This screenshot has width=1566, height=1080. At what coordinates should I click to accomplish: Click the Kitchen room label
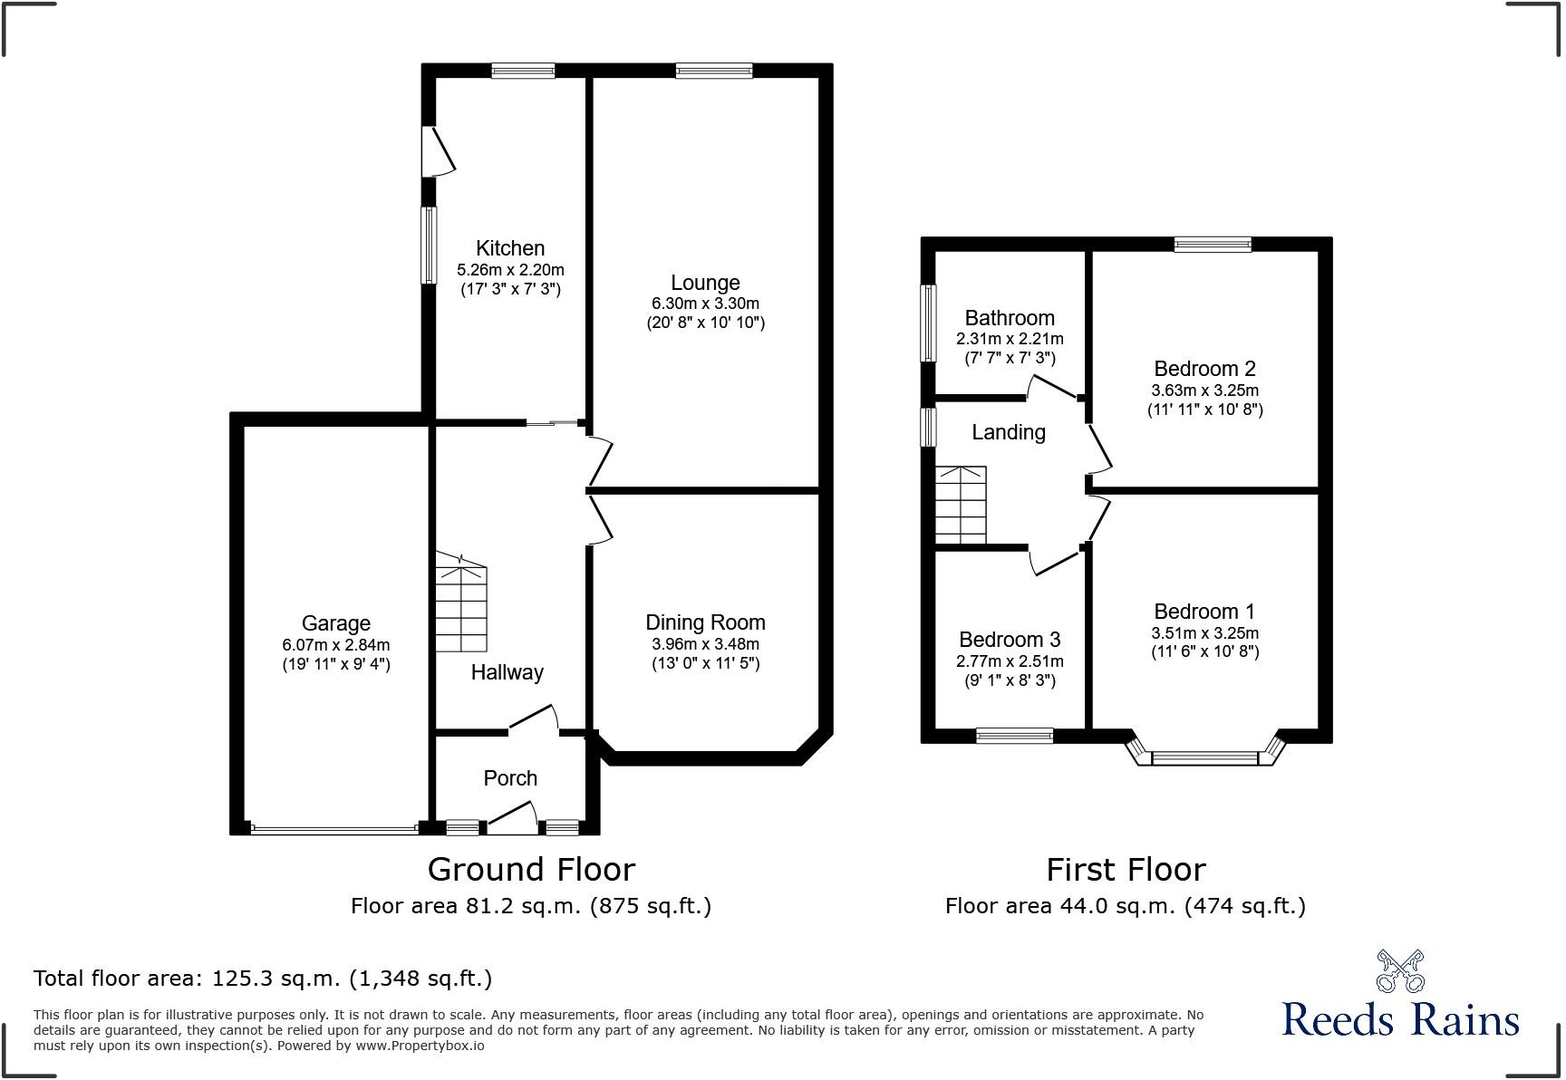pyautogui.click(x=510, y=248)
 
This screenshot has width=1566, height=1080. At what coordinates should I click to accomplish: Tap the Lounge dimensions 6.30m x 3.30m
pyautogui.click(x=705, y=304)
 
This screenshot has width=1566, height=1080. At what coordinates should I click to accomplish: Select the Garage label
pyautogui.click(x=336, y=623)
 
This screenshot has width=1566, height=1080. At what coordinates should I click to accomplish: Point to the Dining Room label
pyautogui.click(x=705, y=622)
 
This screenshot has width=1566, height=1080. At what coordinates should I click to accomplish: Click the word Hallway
pyautogui.click(x=507, y=672)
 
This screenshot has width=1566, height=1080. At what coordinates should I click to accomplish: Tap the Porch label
pyautogui.click(x=510, y=778)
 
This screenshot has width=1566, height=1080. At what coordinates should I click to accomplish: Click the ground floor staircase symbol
pyautogui.click(x=461, y=603)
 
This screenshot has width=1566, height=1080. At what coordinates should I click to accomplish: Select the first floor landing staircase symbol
pyautogui.click(x=961, y=505)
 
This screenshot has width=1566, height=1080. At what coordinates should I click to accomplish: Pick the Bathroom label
pyautogui.click(x=1010, y=318)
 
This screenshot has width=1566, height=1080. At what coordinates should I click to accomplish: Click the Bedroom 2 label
pyautogui.click(x=1204, y=369)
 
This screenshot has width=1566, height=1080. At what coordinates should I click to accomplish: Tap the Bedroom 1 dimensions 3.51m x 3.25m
pyautogui.click(x=1204, y=633)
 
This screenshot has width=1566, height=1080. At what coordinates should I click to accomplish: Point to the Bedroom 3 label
pyautogui.click(x=1010, y=640)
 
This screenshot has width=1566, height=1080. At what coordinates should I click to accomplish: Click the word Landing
pyautogui.click(x=1009, y=432)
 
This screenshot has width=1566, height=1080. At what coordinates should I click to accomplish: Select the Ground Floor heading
pyautogui.click(x=531, y=869)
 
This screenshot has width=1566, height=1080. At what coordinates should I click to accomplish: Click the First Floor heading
pyautogui.click(x=1126, y=870)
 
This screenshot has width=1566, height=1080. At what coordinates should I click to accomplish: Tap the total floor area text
pyautogui.click(x=263, y=979)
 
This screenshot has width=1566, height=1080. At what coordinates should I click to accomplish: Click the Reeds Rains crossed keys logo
pyautogui.click(x=1400, y=970)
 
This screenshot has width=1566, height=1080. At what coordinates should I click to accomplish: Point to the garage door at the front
pyautogui.click(x=334, y=827)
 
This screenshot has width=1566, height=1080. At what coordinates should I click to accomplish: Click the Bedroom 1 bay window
pyautogui.click(x=1205, y=752)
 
